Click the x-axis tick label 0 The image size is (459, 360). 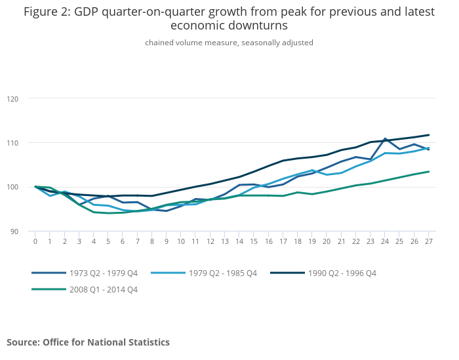[x=35, y=241]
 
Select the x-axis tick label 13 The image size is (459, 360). [x=225, y=241]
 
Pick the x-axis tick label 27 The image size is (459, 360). [x=429, y=241]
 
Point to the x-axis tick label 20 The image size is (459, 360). [x=327, y=241]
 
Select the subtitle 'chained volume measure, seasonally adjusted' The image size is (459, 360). [x=229, y=43]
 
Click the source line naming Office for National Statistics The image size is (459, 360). [x=88, y=342]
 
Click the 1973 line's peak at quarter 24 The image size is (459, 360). [x=385, y=139]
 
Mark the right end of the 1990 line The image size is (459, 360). [x=429, y=135]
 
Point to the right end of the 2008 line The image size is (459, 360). [x=429, y=172]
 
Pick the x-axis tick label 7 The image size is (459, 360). [x=138, y=241]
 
